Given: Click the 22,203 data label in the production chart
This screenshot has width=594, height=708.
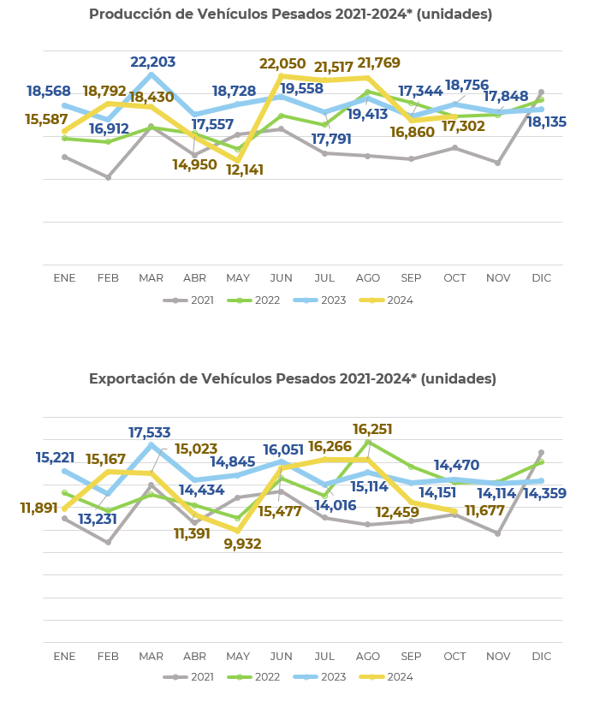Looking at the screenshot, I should (x=153, y=62).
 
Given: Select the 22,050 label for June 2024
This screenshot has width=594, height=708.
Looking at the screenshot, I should (x=282, y=64).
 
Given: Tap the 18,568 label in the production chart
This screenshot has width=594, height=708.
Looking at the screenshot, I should (x=49, y=91).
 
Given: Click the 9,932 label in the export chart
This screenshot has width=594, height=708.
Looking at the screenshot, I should (x=242, y=544).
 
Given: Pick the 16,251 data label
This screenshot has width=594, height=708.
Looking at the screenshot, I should (x=375, y=429).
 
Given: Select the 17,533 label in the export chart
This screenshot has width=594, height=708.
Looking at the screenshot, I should (x=150, y=433).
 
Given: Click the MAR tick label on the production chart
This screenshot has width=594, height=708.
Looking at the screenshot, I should (x=151, y=278).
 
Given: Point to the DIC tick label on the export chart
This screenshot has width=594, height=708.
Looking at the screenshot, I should (x=541, y=656).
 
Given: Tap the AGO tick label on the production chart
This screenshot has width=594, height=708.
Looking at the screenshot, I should (x=367, y=278).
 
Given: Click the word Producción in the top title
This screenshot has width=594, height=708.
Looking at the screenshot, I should (x=126, y=14).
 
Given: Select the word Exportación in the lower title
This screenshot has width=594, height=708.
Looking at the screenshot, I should (x=131, y=378).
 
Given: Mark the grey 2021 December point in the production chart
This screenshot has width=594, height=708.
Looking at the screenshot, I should (x=541, y=92).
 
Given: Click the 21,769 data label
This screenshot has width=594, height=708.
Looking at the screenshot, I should (x=378, y=63).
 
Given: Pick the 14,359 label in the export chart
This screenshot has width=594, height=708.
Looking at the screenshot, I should (x=544, y=493).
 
